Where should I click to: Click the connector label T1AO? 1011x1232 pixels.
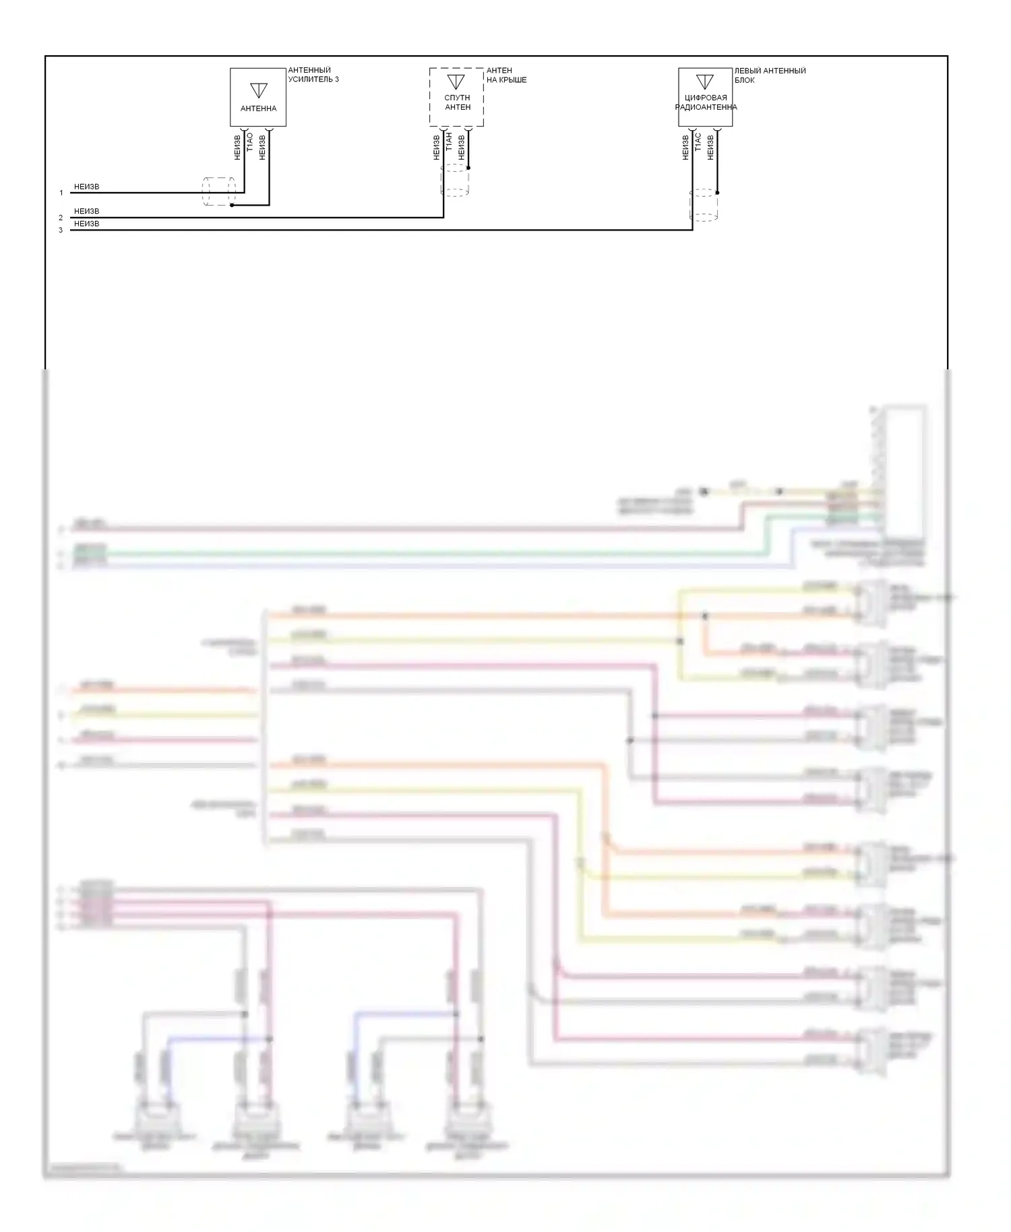pyautogui.click(x=250, y=142)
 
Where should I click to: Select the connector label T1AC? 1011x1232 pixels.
pyautogui.click(x=698, y=142)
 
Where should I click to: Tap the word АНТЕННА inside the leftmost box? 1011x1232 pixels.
pyautogui.click(x=258, y=109)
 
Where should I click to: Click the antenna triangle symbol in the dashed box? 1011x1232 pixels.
pyautogui.click(x=456, y=82)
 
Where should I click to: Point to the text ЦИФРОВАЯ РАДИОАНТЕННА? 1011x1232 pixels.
pyautogui.click(x=706, y=102)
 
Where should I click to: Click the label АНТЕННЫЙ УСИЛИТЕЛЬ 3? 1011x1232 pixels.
pyautogui.click(x=313, y=75)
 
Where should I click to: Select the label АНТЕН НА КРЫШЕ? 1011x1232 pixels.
pyautogui.click(x=506, y=75)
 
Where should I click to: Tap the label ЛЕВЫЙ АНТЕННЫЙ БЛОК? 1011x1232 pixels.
pyautogui.click(x=770, y=75)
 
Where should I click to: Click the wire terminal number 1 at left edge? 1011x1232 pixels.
pyautogui.click(x=61, y=193)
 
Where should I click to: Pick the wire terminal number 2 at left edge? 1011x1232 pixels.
pyautogui.click(x=61, y=218)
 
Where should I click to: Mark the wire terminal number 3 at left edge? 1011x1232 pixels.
pyautogui.click(x=61, y=230)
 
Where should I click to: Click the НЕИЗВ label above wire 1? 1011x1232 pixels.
pyautogui.click(x=86, y=187)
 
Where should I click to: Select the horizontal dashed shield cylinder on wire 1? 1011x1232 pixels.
pyautogui.click(x=219, y=191)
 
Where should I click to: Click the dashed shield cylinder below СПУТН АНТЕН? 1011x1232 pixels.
pyautogui.click(x=455, y=180)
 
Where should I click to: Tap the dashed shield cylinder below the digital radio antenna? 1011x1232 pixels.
pyautogui.click(x=704, y=205)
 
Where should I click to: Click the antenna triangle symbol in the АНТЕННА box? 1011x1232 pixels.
pyautogui.click(x=258, y=90)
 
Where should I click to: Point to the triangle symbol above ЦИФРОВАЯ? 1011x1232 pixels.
pyautogui.click(x=704, y=82)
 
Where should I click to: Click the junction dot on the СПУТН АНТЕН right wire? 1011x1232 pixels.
pyautogui.click(x=468, y=168)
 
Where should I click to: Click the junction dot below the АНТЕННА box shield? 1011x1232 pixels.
pyautogui.click(x=232, y=205)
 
